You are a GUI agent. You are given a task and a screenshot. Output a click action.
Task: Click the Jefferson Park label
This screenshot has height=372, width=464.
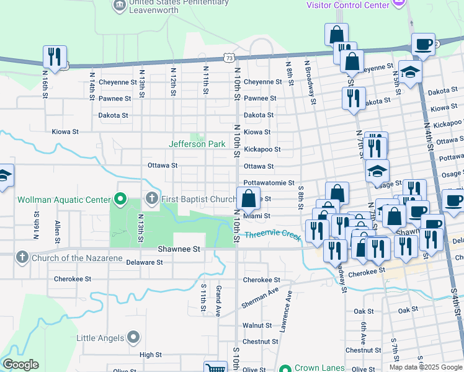(197, 144)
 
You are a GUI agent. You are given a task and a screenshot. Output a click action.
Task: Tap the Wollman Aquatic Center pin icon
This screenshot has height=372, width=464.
(121, 200)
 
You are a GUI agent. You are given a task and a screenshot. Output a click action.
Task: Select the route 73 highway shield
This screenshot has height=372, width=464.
(230, 58)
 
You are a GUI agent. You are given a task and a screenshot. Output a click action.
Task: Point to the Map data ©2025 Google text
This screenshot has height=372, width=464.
(425, 367)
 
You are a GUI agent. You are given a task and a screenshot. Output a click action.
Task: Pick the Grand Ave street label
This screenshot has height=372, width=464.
(218, 301)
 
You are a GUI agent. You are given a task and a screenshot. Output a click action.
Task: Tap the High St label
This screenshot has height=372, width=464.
(150, 355)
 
